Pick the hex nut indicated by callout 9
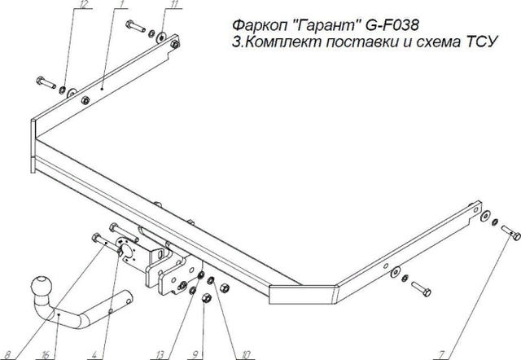[205, 302]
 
